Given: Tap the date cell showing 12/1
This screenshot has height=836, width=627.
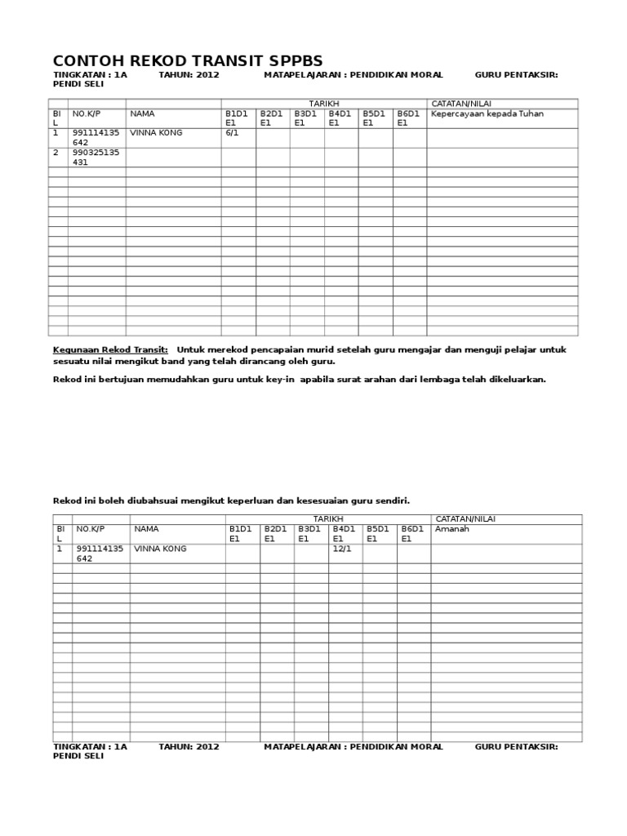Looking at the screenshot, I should tap(340, 549).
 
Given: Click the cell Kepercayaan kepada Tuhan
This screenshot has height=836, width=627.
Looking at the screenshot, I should tap(487, 113).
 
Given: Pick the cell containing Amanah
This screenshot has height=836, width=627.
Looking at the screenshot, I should tap(452, 529).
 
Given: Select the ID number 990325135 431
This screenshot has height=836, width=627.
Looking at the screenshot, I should tap(96, 157).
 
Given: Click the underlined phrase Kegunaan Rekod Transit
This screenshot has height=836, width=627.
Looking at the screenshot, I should tap(110, 349).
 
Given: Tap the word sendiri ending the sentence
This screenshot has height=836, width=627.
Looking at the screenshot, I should tap(391, 500).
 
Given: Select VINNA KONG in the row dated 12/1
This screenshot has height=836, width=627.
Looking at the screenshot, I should tap(160, 549).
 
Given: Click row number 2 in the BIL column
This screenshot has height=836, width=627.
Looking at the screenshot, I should tap(56, 152).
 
